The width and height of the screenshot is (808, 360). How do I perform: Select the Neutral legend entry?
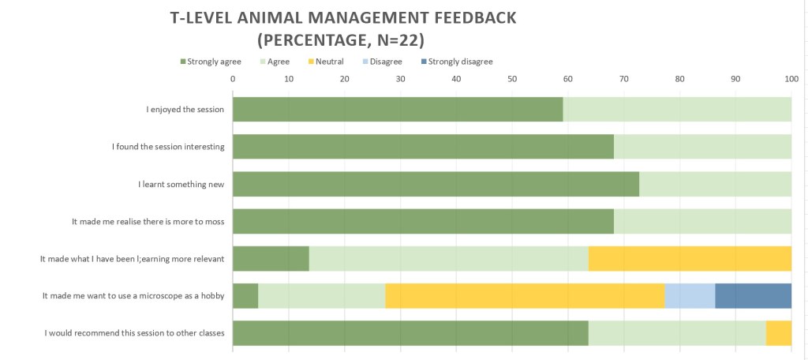[329, 62]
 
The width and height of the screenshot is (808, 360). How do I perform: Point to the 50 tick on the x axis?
[512, 79]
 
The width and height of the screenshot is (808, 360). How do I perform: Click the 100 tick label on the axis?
[791, 79]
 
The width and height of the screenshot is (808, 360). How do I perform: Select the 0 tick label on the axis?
[233, 79]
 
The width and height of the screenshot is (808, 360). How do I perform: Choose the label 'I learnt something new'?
[181, 185]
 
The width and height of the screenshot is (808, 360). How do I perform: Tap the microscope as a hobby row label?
[133, 296]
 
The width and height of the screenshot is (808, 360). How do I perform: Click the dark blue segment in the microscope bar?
[753, 296]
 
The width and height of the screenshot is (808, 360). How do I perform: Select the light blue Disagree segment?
[690, 296]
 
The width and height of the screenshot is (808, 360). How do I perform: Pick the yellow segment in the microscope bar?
[525, 296]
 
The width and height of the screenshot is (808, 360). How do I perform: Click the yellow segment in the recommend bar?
[778, 333]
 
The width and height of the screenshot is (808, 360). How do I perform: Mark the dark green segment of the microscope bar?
[245, 296]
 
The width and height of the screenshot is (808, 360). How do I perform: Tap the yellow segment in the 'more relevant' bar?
[690, 259]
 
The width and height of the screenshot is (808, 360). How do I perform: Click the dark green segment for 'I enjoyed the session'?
[398, 110]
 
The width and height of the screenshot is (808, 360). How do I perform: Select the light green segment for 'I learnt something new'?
[715, 185]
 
